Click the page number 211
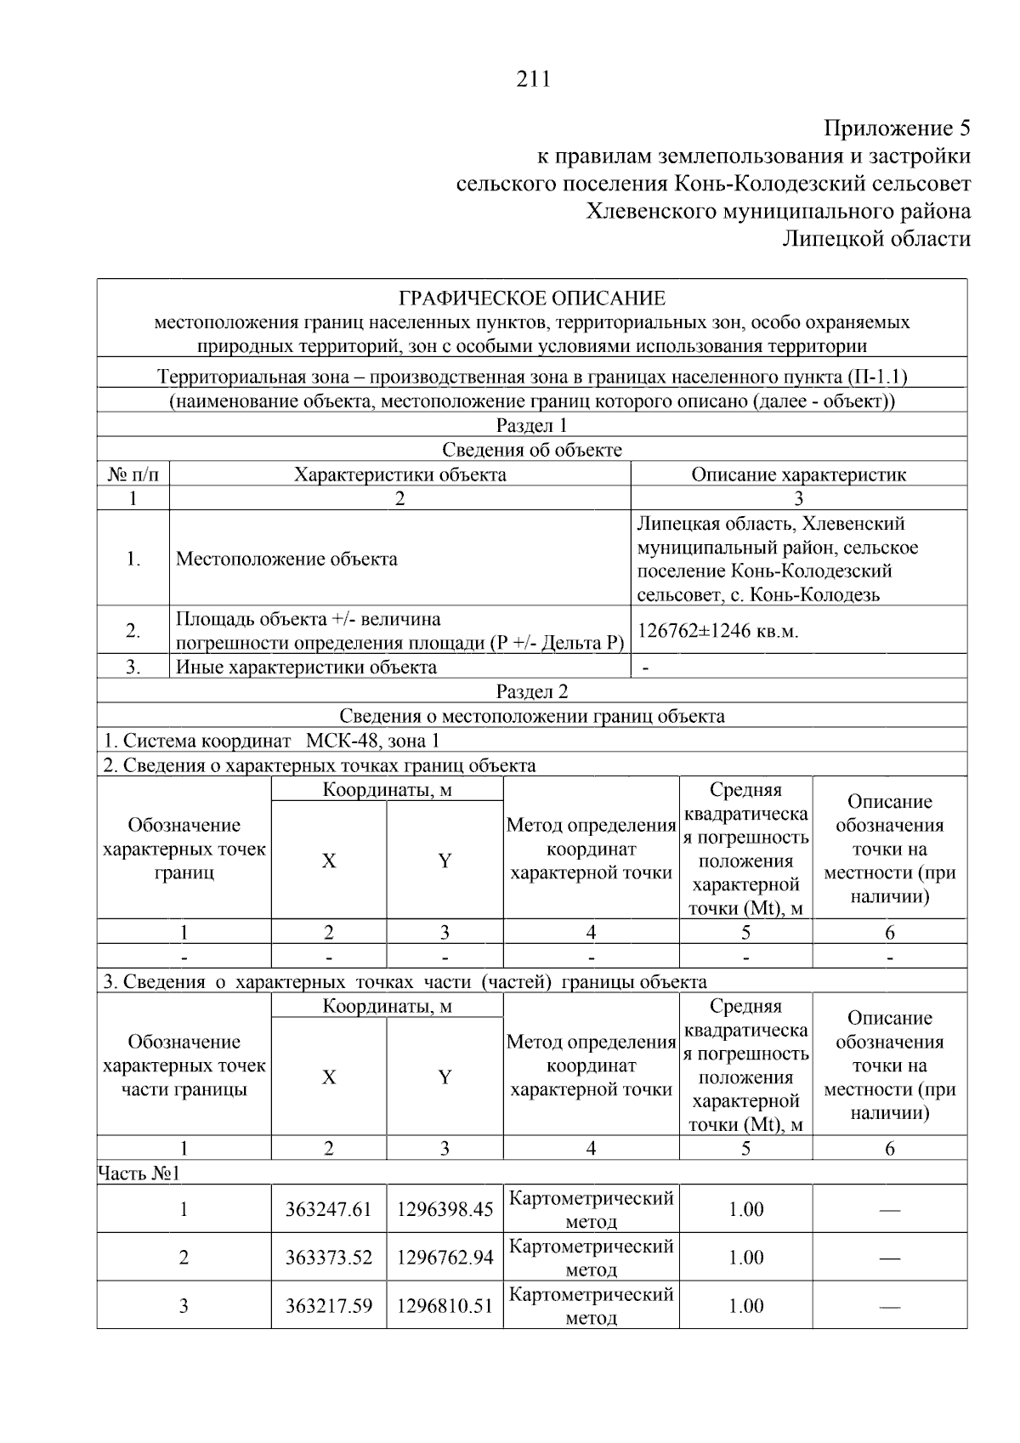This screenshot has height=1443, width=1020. pyautogui.click(x=533, y=79)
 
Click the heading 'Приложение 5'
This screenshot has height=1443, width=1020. pyautogui.click(x=897, y=128)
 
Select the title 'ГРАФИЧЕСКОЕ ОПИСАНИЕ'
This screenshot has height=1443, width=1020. pyautogui.click(x=532, y=298)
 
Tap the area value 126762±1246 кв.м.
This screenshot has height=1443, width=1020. pyautogui.click(x=718, y=631)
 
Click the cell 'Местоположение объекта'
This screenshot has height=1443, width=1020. pyautogui.click(x=286, y=559)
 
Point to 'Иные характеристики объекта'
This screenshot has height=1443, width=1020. pyautogui.click(x=306, y=668)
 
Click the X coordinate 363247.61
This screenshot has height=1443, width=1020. pyautogui.click(x=328, y=1209)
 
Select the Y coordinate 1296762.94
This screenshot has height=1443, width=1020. pyautogui.click(x=445, y=1258)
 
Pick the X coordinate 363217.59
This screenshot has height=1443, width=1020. pyautogui.click(x=328, y=1306)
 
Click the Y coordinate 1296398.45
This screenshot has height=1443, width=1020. pyautogui.click(x=445, y=1209)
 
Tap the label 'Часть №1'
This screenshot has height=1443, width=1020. pyautogui.click(x=139, y=1173)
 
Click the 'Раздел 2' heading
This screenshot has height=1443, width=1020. pyautogui.click(x=532, y=691)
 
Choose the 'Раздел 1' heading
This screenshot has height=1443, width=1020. pyautogui.click(x=532, y=425)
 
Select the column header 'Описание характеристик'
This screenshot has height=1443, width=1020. pyautogui.click(x=798, y=474)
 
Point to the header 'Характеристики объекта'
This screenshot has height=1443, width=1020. pyautogui.click(x=399, y=474)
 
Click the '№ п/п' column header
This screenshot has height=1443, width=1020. pyautogui.click(x=133, y=474)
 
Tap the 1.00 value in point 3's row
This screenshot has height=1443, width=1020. pyautogui.click(x=745, y=1306)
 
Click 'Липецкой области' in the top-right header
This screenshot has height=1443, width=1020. pyautogui.click(x=876, y=239)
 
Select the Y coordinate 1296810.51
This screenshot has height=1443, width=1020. pyautogui.click(x=445, y=1306)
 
